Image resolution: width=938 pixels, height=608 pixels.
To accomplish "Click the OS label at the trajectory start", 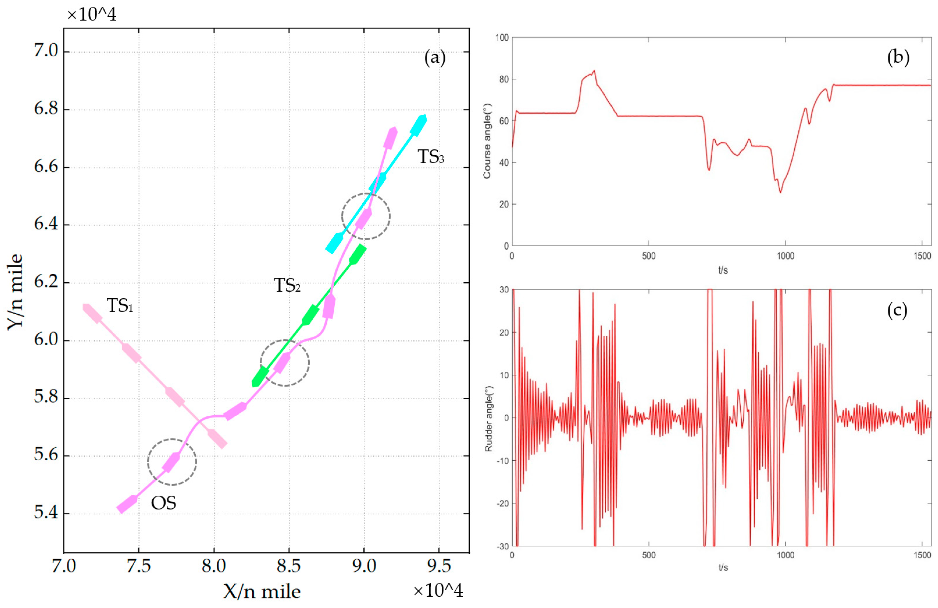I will [163, 503].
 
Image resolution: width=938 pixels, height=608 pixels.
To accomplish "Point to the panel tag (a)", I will [435, 58].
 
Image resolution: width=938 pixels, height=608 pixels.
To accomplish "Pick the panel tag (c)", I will [897, 311].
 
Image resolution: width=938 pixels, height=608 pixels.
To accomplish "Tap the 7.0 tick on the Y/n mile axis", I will [46, 51].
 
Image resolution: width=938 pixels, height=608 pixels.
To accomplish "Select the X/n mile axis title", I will [262, 591].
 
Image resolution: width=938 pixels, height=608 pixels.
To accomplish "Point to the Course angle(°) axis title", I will [487, 141].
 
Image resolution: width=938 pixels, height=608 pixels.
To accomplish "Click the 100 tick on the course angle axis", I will [502, 38].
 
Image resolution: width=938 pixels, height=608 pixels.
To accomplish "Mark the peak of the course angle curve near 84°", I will [594, 71].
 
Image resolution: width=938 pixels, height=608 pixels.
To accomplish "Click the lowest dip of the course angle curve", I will [780, 192].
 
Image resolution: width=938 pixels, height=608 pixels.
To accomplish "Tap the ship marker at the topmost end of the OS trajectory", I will [390, 138].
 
